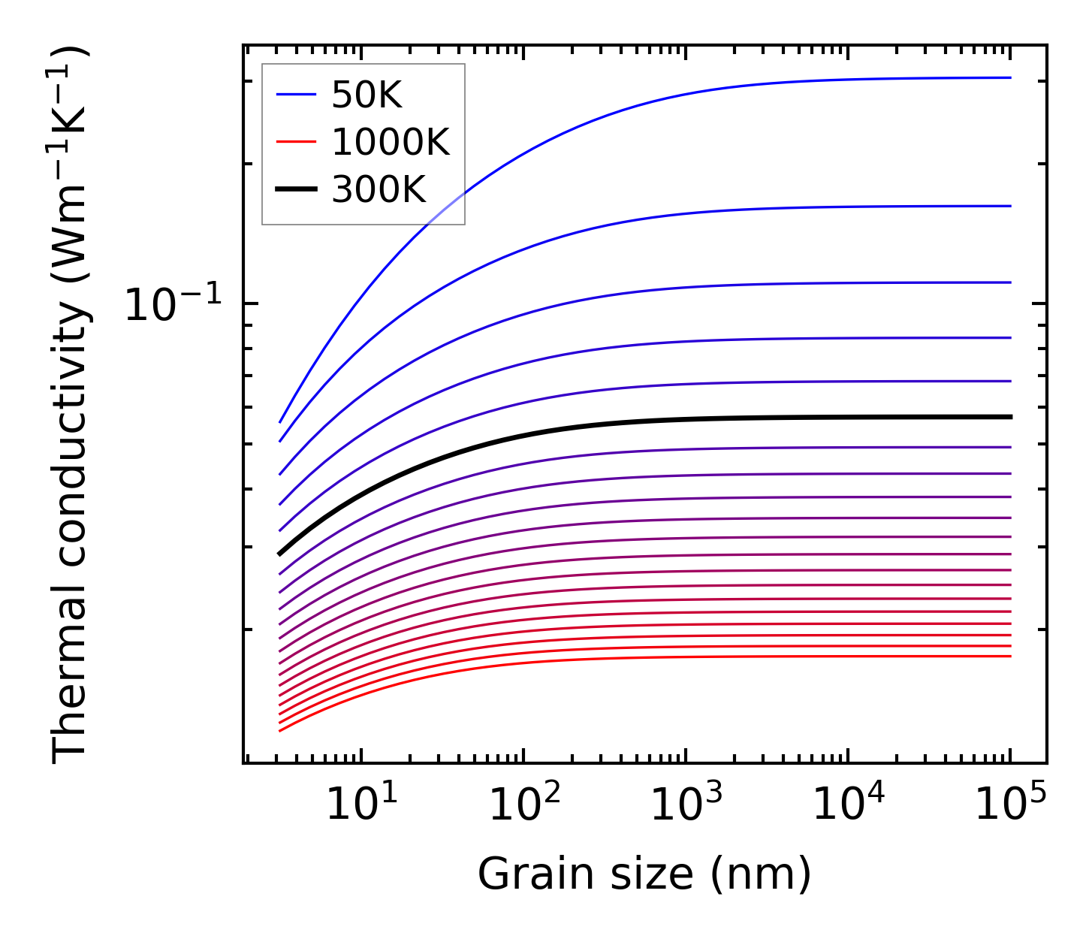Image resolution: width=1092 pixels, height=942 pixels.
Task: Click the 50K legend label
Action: (367, 95)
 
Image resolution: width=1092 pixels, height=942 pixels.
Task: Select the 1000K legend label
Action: (391, 143)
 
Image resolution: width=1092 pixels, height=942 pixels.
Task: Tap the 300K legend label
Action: (379, 190)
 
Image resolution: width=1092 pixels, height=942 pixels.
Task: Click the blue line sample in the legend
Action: (296, 95)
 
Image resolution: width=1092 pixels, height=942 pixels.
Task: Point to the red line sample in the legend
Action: (296, 142)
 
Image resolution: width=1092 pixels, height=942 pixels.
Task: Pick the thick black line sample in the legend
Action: (296, 189)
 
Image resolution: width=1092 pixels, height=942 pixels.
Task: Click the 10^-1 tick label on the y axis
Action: (173, 305)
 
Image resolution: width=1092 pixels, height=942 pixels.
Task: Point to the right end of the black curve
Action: (1010, 417)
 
